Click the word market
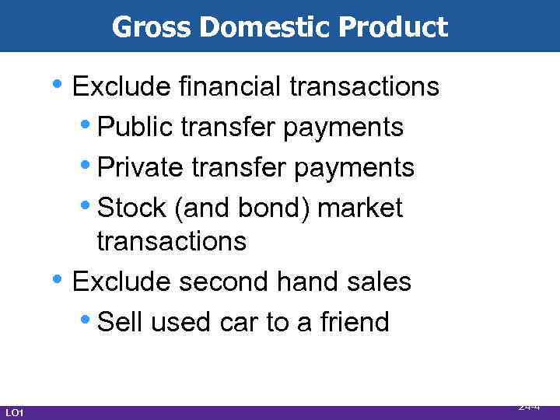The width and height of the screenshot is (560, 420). (361, 208)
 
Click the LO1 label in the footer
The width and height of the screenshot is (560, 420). (14, 412)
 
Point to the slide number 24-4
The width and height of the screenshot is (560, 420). (530, 407)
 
